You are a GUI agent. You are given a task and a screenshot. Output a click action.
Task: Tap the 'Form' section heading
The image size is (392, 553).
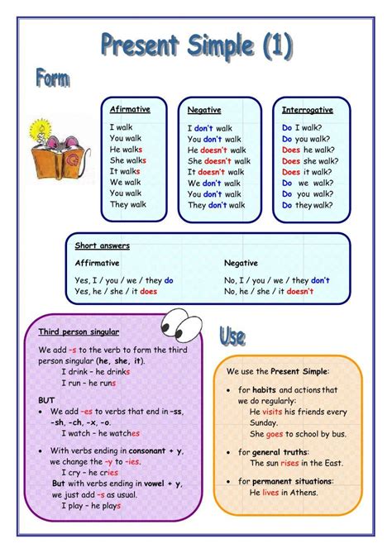(x=51, y=79)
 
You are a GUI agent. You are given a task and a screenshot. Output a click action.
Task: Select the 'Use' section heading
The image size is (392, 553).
(x=232, y=336)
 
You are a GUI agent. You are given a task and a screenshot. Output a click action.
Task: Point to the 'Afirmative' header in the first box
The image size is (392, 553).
(x=130, y=109)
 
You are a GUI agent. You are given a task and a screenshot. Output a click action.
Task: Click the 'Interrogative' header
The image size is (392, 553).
(x=307, y=109)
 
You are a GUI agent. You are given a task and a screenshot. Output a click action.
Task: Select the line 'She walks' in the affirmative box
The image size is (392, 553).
(x=128, y=160)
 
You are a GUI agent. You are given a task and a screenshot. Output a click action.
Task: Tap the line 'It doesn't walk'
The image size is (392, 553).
(x=218, y=172)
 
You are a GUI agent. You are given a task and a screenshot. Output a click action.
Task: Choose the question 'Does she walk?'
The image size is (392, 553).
(x=309, y=161)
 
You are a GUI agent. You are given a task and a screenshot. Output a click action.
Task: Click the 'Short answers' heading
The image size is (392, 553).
(x=103, y=246)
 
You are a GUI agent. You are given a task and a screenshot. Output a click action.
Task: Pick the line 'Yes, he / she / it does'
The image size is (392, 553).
(x=116, y=292)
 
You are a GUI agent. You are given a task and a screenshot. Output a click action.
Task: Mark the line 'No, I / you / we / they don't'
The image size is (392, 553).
(x=277, y=280)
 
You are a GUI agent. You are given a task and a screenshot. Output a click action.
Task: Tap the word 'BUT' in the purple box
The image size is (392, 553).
(x=47, y=399)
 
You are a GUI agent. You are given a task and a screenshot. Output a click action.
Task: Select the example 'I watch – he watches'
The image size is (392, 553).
(x=101, y=433)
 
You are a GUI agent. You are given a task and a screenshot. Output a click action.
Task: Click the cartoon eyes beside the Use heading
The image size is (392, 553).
(x=183, y=323)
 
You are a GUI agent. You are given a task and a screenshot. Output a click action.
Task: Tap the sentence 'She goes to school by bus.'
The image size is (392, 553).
(x=298, y=434)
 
